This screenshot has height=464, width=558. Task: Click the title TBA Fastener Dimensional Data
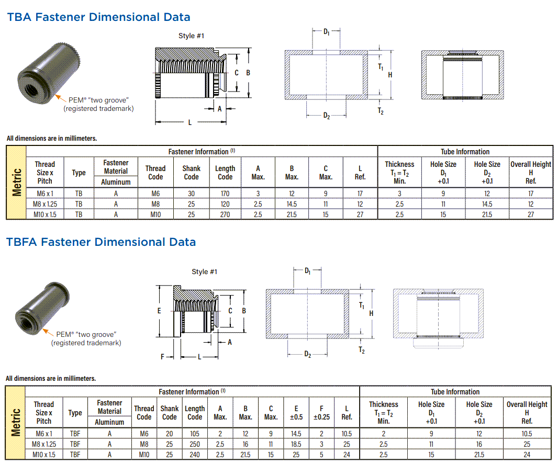(x=98, y=17)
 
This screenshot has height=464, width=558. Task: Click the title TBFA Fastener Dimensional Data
(x=101, y=242)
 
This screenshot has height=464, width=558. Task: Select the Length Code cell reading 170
(x=225, y=193)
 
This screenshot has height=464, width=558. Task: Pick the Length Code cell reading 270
(x=225, y=214)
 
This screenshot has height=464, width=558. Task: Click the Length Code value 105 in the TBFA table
(x=195, y=433)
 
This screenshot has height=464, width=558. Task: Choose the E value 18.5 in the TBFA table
(x=296, y=444)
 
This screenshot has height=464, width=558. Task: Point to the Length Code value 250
(x=195, y=444)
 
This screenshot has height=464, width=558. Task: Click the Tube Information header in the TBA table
(x=465, y=152)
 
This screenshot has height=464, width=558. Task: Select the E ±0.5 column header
(x=296, y=413)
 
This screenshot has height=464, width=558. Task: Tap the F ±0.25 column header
(x=321, y=413)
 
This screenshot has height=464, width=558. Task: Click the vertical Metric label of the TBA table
(x=17, y=182)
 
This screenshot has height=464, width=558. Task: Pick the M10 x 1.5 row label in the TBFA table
(x=44, y=454)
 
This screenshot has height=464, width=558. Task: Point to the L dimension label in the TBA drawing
(x=189, y=122)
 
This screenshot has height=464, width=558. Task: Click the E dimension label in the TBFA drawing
(x=159, y=311)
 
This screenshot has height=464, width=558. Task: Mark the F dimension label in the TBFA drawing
(x=163, y=357)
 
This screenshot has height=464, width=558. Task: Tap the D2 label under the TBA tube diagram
(x=326, y=116)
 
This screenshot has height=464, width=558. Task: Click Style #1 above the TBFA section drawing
(x=204, y=271)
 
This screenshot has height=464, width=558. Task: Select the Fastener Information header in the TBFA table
(x=192, y=392)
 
